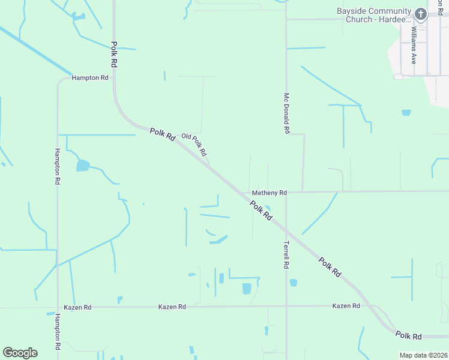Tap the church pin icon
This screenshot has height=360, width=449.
click(x=421, y=14)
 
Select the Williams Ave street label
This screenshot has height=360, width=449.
click(x=414, y=45)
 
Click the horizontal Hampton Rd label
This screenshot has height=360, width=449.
click(x=90, y=78)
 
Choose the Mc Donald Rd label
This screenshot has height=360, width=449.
click(x=287, y=113)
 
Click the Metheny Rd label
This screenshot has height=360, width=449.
click(x=270, y=193)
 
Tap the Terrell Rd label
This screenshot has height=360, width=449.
click(x=286, y=254)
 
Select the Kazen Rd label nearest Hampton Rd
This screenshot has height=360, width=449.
click(x=79, y=307)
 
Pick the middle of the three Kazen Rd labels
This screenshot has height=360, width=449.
click(x=172, y=307)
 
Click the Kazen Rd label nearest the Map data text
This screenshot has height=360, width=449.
click(x=346, y=306)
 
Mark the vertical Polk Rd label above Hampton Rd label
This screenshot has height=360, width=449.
click(x=113, y=54)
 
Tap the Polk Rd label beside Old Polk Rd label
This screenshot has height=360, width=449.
click(x=163, y=134)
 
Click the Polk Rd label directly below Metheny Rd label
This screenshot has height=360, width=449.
click(x=261, y=209)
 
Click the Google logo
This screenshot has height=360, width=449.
click(x=20, y=353)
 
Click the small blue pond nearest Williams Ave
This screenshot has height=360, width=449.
click(x=406, y=112)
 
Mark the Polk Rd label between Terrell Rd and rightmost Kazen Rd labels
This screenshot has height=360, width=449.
click(x=330, y=266)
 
